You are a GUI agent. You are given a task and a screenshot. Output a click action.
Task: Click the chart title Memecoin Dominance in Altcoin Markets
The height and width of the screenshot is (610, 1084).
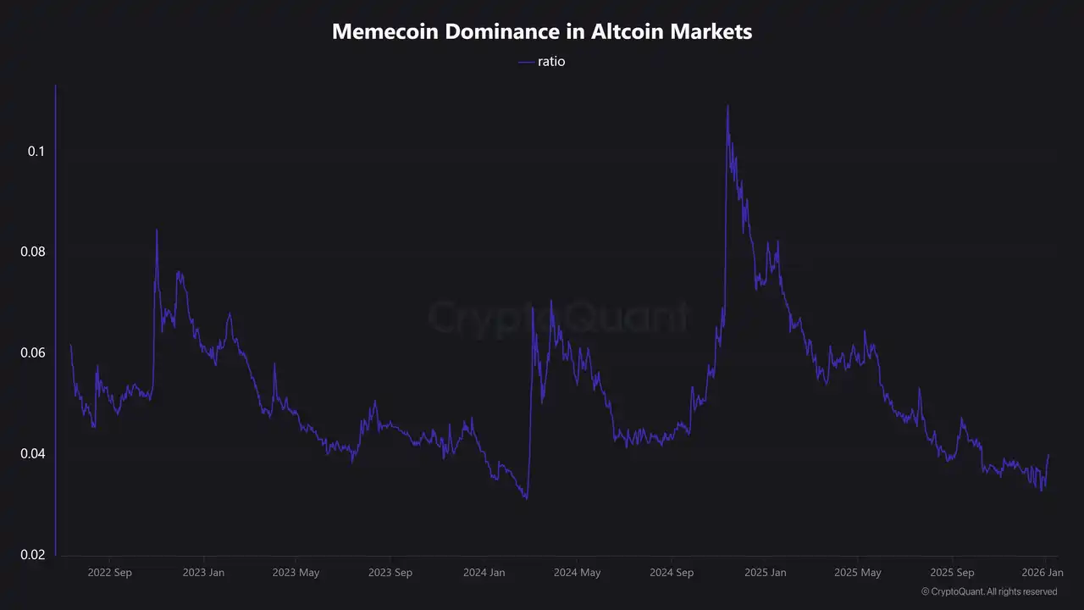pyautogui.click(x=542, y=32)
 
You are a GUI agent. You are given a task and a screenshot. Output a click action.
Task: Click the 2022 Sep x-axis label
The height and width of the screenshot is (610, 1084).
pyautogui.click(x=109, y=573)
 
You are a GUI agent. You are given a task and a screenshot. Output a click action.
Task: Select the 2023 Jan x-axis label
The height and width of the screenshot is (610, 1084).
pyautogui.click(x=203, y=573)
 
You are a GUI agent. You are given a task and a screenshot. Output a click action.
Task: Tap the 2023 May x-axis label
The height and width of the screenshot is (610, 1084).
pyautogui.click(x=296, y=573)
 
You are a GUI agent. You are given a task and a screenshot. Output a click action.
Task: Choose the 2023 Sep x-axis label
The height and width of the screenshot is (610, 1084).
pyautogui.click(x=390, y=573)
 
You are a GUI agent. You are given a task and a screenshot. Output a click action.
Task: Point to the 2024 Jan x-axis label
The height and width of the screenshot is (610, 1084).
pyautogui.click(x=484, y=573)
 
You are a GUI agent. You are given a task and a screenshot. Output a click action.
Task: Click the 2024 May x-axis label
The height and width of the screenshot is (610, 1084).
pyautogui.click(x=577, y=573)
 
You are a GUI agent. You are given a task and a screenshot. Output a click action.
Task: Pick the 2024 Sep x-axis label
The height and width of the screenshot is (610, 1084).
pyautogui.click(x=672, y=573)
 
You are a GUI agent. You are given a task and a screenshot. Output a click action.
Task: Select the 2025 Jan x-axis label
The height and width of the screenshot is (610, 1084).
pyautogui.click(x=765, y=573)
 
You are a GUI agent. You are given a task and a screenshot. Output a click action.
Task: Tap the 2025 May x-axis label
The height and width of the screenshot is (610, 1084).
pyautogui.click(x=858, y=573)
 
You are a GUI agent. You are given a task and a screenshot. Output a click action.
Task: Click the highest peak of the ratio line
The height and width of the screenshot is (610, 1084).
pyautogui.click(x=727, y=107)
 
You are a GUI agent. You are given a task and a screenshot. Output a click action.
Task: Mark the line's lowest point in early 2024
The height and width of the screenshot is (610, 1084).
pyautogui.click(x=527, y=498)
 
